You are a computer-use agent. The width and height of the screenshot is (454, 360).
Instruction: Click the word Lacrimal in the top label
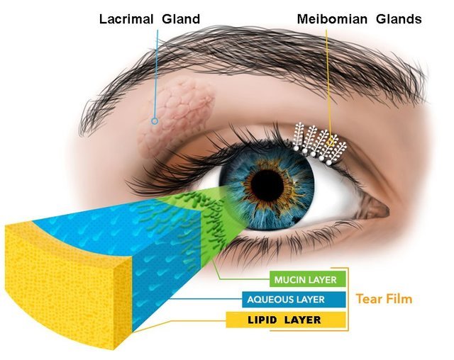pos(126,19)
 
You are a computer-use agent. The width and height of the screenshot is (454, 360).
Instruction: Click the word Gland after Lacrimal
pos(181,19)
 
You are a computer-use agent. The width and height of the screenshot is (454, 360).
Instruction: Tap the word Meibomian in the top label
pos(332,19)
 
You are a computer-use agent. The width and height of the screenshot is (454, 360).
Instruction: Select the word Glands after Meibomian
pos(399,19)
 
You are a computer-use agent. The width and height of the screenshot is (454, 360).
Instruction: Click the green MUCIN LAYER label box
pos(307,279)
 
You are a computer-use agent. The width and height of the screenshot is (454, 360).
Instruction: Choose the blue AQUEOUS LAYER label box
pos(294,299)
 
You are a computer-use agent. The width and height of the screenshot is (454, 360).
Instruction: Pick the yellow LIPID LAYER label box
pos(286,320)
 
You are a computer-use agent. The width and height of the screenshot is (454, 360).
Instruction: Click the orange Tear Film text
pos(384,299)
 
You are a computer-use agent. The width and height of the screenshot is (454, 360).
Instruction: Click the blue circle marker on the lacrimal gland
pos(155,121)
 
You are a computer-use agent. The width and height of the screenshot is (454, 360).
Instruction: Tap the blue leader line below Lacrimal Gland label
pos(156,74)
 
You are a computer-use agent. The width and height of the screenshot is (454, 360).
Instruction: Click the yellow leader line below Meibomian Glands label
pos(328,84)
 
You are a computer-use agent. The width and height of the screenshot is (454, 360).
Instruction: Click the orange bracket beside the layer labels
pos(348,299)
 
